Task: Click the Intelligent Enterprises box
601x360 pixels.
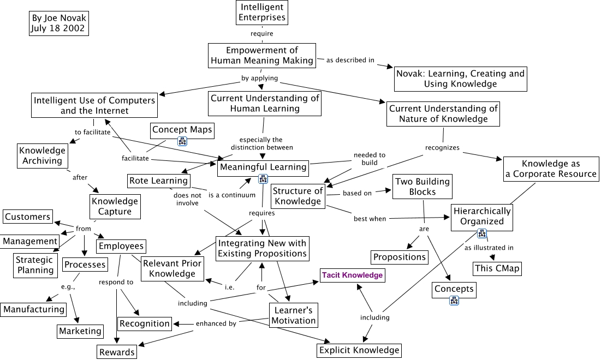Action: click(x=263, y=13)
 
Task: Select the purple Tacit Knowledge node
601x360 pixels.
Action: click(x=352, y=275)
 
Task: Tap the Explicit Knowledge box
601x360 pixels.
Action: click(x=360, y=350)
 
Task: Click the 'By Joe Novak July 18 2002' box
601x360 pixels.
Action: click(x=58, y=23)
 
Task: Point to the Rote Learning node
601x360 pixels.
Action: click(x=158, y=181)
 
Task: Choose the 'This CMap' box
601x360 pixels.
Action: click(x=497, y=268)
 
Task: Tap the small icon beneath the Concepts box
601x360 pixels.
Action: click(x=454, y=301)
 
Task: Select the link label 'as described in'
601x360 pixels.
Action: click(x=350, y=60)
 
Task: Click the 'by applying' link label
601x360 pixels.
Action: click(x=260, y=78)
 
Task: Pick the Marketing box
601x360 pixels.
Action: click(x=80, y=331)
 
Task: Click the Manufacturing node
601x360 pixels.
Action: click(x=34, y=309)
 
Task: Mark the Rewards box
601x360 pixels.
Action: click(x=117, y=352)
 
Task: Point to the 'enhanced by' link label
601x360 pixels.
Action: click(x=216, y=323)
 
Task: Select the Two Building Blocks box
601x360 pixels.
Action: click(x=423, y=187)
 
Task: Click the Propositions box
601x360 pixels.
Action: click(x=400, y=257)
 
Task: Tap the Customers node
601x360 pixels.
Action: click(x=27, y=217)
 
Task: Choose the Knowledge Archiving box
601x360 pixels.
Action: click(x=42, y=155)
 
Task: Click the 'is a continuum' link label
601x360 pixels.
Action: click(x=232, y=195)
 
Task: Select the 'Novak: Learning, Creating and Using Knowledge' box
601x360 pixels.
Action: click(x=460, y=79)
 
